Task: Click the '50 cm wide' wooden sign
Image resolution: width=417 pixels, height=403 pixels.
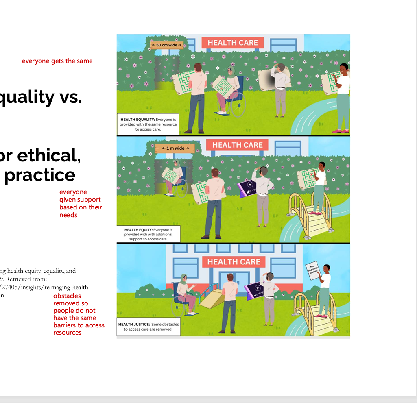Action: [167, 45]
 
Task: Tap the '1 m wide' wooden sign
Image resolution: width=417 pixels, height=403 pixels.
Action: [175, 148]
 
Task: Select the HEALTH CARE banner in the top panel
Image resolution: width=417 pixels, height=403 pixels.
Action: [233, 43]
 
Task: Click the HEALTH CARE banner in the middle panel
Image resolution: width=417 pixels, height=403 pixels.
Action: [237, 145]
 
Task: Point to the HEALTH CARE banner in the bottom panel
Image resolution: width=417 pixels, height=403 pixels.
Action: [234, 262]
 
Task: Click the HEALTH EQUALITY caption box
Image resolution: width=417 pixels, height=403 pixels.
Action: [148, 124]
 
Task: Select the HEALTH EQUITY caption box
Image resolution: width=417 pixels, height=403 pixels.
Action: [148, 234]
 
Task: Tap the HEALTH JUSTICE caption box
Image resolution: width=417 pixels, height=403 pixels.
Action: [148, 327]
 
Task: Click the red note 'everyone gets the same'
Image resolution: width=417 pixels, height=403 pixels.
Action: [57, 61]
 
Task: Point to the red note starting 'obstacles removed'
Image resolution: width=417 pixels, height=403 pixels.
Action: [79, 314]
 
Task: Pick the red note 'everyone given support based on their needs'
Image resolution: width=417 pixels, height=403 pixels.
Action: [80, 203]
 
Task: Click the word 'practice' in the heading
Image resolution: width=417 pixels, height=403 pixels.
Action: [39, 174]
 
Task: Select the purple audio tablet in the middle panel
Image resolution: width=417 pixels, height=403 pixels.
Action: [248, 188]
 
